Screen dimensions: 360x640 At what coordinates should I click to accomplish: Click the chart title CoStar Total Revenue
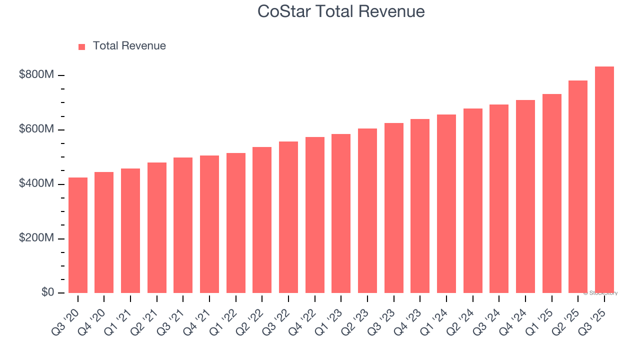[341, 11]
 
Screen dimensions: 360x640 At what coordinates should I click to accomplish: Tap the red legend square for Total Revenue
[82, 46]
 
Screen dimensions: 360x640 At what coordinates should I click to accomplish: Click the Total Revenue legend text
[129, 46]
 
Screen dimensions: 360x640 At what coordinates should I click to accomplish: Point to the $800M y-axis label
[36, 75]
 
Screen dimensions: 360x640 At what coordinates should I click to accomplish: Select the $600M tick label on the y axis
[36, 129]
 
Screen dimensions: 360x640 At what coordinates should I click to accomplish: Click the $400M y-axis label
[36, 184]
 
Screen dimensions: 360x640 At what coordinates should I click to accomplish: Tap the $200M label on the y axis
[36, 238]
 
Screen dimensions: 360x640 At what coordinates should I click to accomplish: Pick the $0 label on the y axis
[48, 292]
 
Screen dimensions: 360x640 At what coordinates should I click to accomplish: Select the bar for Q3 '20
[78, 235]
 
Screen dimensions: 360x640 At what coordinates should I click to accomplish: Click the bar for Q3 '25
[604, 180]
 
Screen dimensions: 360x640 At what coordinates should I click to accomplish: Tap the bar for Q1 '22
[236, 223]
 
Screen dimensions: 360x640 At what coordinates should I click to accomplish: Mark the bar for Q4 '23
[420, 206]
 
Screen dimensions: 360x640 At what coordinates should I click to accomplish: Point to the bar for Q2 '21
[157, 227]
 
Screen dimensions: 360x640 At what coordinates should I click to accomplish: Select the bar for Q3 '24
[499, 198]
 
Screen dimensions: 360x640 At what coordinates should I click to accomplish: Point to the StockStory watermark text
[600, 293]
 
